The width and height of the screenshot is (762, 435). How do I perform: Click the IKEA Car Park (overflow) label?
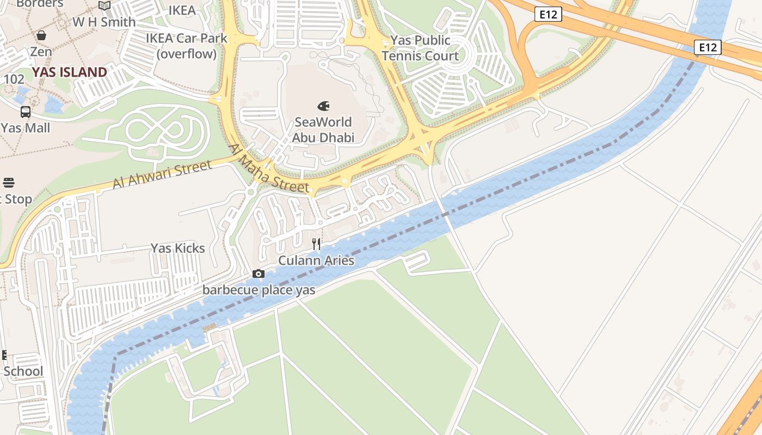click(187, 46)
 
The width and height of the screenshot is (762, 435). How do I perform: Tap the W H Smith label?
click(104, 22)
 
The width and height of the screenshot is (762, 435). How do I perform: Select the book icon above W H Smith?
click(105, 6)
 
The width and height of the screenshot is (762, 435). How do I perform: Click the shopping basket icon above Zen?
click(41, 36)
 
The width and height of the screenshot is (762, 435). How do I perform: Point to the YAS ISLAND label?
click(69, 72)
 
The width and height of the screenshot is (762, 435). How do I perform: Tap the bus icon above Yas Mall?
click(26, 112)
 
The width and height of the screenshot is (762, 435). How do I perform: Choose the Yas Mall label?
click(26, 128)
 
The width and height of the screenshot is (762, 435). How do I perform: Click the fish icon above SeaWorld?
click(323, 105)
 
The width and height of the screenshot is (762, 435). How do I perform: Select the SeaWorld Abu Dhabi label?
click(323, 129)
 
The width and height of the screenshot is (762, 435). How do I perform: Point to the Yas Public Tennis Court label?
click(420, 48)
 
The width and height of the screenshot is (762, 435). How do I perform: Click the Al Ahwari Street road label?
click(162, 175)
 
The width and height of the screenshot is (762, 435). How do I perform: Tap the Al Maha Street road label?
click(269, 168)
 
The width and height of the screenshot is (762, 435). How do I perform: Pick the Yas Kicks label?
click(177, 248)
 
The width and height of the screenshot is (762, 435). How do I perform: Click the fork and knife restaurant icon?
click(316, 244)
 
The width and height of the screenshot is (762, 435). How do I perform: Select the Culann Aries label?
click(316, 260)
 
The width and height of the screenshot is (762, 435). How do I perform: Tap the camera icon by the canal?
click(259, 274)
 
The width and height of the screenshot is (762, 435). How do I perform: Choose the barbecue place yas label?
click(259, 290)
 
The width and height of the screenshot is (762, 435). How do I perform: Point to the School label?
click(23, 371)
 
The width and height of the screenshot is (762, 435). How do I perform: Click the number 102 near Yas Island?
click(14, 79)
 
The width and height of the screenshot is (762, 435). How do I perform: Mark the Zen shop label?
click(41, 52)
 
